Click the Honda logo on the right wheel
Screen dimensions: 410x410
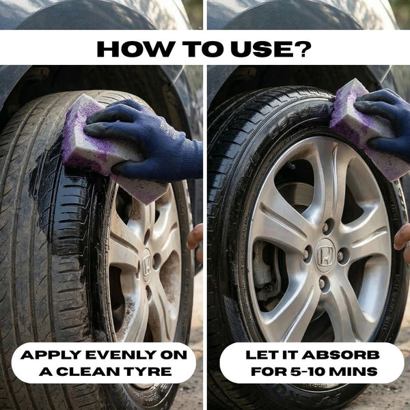(x=325, y=256)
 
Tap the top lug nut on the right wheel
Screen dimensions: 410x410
(x=327, y=227)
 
